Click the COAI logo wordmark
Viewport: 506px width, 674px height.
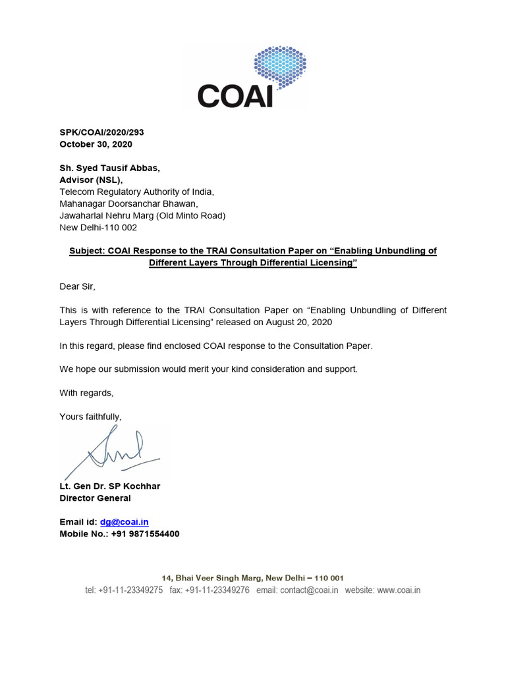tap(235, 95)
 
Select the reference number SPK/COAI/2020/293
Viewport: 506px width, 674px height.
tap(101, 132)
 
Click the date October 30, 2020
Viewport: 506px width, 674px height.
tap(96, 144)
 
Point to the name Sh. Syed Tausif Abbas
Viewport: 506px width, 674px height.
tap(109, 168)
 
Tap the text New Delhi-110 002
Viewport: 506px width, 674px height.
tap(98, 227)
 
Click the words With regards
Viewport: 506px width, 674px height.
tap(86, 393)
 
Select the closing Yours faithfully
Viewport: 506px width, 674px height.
tap(90, 417)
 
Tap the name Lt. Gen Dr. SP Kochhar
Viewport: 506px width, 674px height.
tap(109, 486)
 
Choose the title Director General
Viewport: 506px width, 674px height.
tap(95, 498)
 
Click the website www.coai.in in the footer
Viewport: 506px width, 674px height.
tap(399, 590)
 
